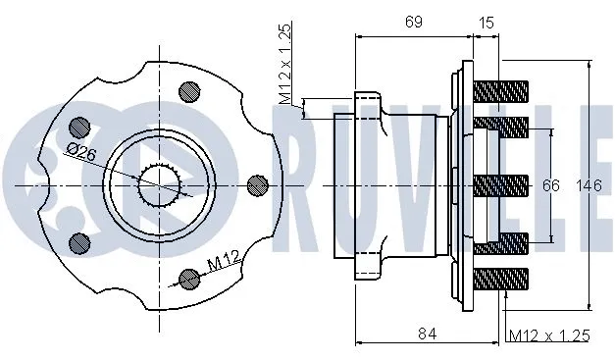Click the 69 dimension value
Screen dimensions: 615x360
[413, 22]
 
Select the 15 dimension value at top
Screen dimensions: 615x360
[486, 23]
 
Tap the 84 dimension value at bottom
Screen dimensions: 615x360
[427, 334]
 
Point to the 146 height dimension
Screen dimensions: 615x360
[589, 185]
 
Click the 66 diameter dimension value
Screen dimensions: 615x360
[550, 185]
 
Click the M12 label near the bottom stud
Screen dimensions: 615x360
[224, 261]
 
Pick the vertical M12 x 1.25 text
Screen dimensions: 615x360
[285, 64]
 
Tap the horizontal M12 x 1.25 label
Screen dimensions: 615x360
[549, 335]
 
